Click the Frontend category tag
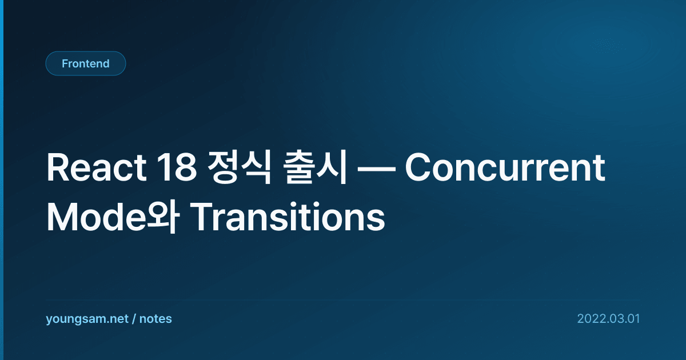pos(86,63)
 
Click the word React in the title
pos(96,168)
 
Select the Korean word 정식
pos(239,167)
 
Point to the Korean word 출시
pos(314,167)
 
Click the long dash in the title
pos(376,169)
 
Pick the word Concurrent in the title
pos(505,168)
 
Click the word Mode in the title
pos(97,217)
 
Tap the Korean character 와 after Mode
pos(162,217)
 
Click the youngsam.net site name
pos(87,319)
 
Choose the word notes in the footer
pos(155,319)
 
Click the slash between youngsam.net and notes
pos(134,319)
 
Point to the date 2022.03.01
pos(608,319)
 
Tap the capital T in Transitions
pos(201,217)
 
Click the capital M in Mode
pos(61,217)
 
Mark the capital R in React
pos(57,168)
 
